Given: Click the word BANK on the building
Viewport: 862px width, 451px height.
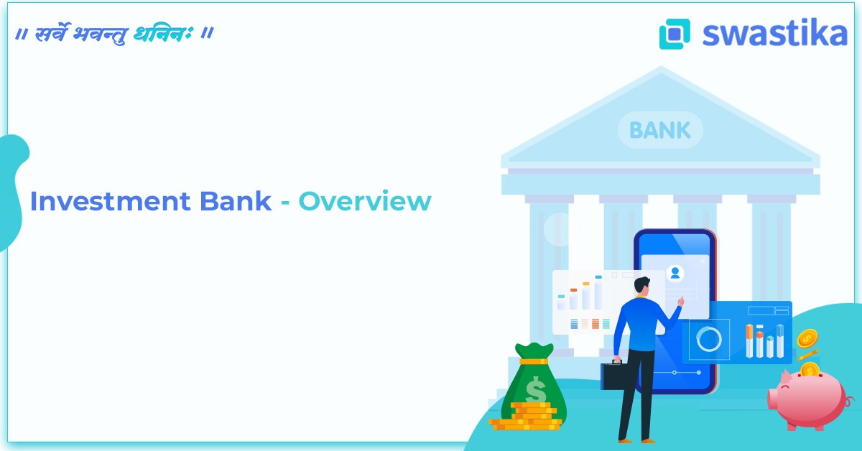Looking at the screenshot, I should (659, 131).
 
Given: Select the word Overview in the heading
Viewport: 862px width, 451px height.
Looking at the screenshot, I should (364, 202).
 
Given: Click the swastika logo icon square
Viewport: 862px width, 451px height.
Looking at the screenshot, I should (675, 34).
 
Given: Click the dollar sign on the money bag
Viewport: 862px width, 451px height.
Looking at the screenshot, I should (535, 391).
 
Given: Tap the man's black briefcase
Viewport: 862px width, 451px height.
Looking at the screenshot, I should (615, 375).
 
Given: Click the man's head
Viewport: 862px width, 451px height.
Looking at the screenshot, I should (641, 286).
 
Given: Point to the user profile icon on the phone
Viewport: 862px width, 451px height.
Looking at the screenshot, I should (675, 273).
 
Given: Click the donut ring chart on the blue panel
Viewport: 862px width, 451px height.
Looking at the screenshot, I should (708, 339).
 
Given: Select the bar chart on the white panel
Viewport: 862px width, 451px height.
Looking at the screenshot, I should (581, 294).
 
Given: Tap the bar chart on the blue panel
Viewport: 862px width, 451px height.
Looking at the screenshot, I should (764, 341).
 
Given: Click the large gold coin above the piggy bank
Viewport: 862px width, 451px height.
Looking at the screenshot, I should (807, 338).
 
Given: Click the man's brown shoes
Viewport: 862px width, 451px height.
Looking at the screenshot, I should (636, 440).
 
